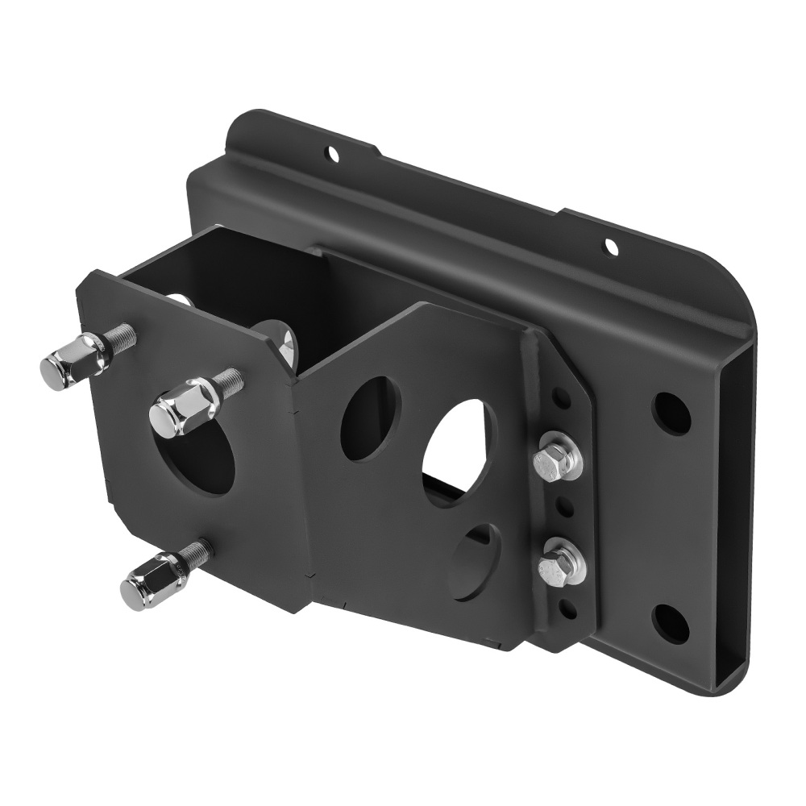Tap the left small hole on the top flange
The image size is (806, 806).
(330, 152)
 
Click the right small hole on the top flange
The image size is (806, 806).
(611, 245)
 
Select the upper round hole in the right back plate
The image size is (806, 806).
(671, 413)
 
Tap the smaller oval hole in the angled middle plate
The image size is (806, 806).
(371, 418)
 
